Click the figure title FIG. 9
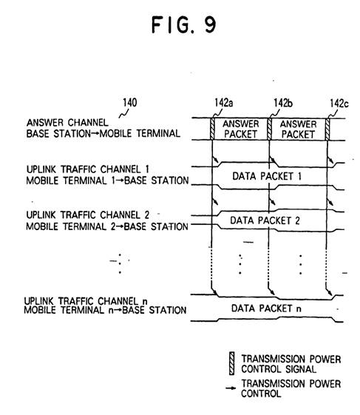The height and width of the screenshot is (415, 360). tap(184, 24)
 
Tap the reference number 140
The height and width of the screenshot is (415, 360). tap(130, 102)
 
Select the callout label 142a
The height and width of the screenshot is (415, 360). tap(224, 103)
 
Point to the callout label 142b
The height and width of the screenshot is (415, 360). tap(283, 103)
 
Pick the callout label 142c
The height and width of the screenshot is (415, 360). tap(339, 104)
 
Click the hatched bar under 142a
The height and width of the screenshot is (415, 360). tap(212, 129)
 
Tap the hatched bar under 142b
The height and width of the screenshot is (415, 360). tap(269, 129)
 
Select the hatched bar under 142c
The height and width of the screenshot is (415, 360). tap(327, 129)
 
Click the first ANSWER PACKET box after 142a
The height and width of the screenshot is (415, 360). tap(241, 129)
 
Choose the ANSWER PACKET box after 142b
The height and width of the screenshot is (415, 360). tap(299, 129)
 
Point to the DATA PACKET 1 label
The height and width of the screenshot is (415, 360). tap(267, 176)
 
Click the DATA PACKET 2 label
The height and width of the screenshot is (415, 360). tap(265, 220)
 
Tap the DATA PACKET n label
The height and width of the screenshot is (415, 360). tap(266, 308)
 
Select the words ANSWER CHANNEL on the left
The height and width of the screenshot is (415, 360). tap(67, 123)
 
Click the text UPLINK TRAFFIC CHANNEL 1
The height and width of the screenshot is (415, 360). tap(88, 169)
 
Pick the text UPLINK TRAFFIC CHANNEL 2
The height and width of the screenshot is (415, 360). tap(88, 215)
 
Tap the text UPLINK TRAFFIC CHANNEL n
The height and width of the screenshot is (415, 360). tap(86, 301)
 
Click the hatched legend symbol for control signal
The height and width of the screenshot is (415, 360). tap(231, 363)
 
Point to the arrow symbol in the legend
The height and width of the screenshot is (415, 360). tap(231, 388)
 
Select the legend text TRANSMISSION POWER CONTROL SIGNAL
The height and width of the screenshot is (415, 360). tap(291, 364)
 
